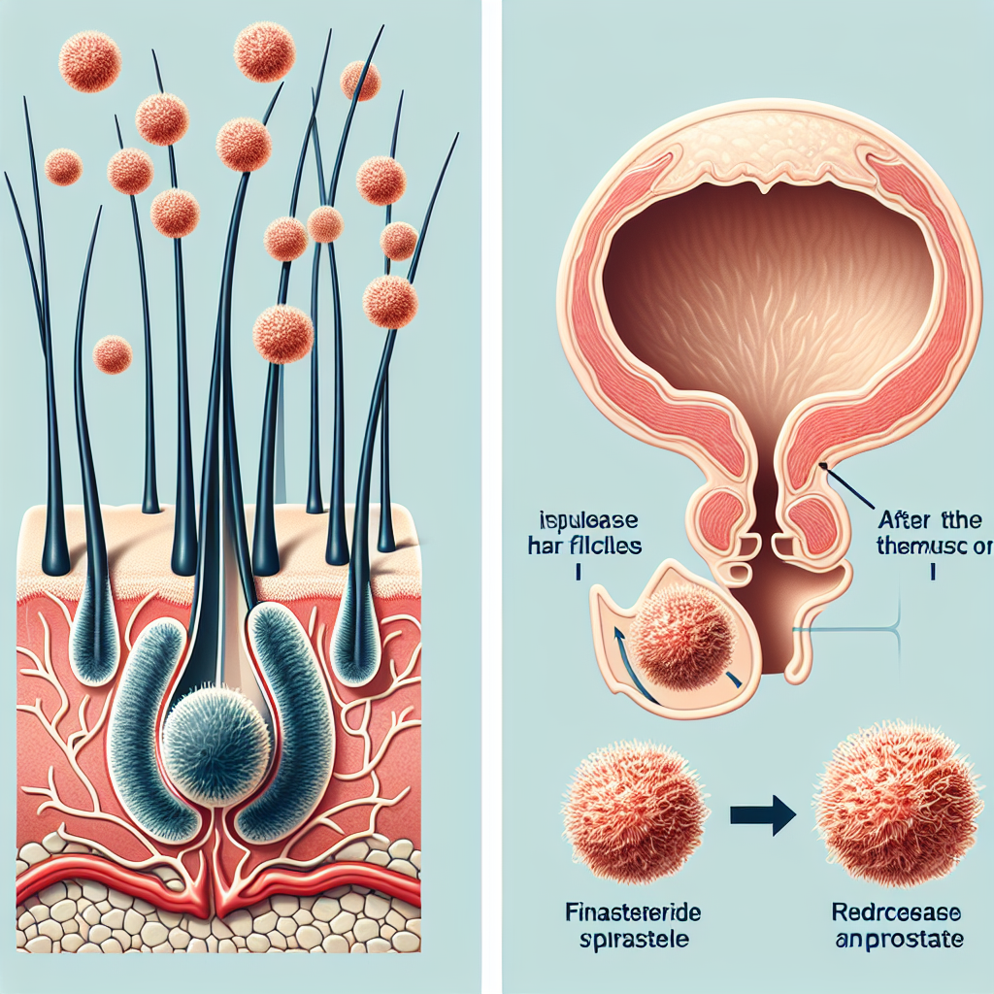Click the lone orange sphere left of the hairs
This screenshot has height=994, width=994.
[x=112, y=354]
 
